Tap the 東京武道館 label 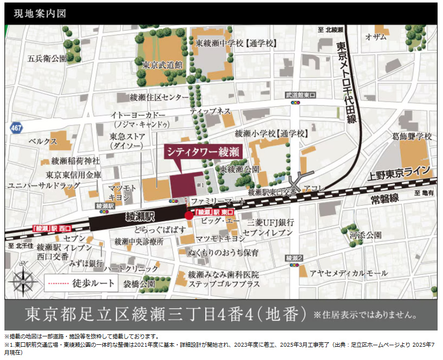[162, 64]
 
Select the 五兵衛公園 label [47, 59]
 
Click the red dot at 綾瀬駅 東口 [189, 215]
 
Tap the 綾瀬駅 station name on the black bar [141, 216]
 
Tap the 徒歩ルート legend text [93, 283]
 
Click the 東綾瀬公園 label [239, 170]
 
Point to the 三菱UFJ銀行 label [271, 223]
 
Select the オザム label [376, 37]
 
